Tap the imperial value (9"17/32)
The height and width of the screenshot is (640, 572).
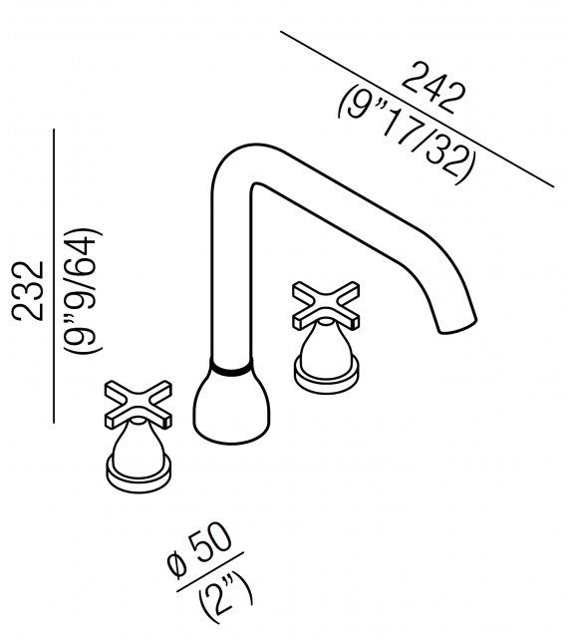(x=404, y=132)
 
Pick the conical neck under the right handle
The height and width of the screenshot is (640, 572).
(x=327, y=346)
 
